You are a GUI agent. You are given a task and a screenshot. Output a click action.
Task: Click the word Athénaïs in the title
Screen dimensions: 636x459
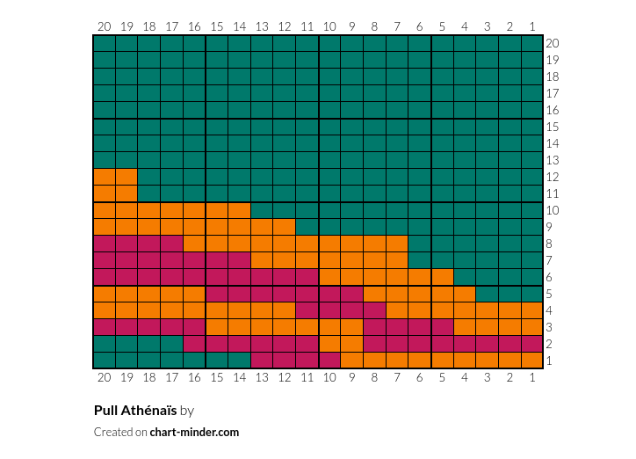148,411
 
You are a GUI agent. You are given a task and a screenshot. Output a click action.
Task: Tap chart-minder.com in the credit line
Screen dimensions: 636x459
194,432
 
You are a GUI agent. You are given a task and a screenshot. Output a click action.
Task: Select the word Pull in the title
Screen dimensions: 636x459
106,411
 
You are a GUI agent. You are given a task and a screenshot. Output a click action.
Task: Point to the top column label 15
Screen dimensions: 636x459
217,26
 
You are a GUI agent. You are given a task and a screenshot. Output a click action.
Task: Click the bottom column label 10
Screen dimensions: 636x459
329,377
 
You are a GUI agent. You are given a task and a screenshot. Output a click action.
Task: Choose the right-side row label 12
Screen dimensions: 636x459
553,177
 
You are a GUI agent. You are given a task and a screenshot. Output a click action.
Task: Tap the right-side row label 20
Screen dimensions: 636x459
553,43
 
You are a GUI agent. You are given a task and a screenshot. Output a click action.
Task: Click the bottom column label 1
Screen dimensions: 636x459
532,377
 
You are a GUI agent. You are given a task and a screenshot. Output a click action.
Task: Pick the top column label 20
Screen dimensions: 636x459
105,26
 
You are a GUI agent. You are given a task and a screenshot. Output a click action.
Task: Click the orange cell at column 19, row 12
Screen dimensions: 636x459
126,177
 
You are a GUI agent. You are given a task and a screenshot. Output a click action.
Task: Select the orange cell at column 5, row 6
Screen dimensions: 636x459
442,277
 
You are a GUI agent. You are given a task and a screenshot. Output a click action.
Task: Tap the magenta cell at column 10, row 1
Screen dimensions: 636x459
329,361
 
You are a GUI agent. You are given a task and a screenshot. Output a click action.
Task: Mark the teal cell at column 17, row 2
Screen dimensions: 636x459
171,344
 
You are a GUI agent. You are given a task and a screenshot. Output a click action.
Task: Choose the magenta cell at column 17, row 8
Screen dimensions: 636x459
171,244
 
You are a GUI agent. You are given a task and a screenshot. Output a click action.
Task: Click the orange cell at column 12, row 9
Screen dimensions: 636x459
285,227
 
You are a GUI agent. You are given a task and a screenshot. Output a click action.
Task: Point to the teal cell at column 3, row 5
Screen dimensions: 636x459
488,294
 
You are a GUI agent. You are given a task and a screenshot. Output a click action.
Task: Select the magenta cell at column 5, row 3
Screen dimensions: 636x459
442,327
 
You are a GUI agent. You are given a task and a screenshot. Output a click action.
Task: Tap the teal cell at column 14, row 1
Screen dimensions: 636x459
239,361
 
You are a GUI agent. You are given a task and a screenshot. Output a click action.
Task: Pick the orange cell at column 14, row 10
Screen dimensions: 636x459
239,210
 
